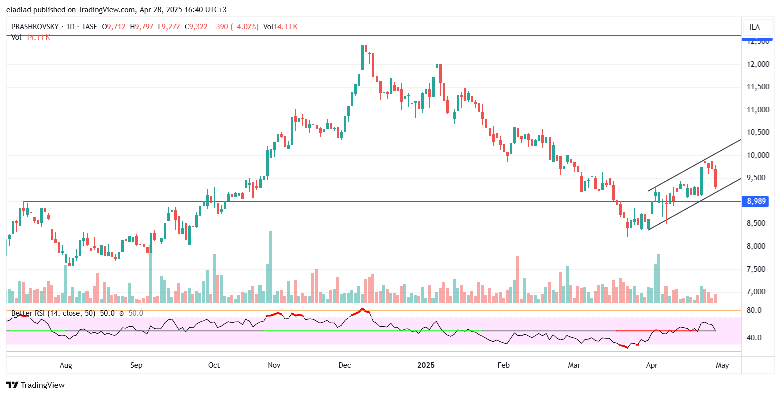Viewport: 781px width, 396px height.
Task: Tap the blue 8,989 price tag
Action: (756, 201)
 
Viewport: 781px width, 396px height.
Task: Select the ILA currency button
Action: (755, 27)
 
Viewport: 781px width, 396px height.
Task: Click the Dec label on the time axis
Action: (345, 365)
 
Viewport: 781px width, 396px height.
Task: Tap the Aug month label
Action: (66, 365)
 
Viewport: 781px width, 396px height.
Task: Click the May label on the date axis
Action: (722, 365)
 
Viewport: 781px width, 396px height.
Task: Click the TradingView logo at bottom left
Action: (35, 385)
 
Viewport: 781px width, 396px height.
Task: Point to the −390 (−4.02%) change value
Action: (235, 27)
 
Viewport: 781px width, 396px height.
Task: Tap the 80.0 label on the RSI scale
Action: (754, 310)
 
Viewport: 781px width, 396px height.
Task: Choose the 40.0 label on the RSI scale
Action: (754, 338)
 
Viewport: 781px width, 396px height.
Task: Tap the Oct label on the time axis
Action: (214, 365)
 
